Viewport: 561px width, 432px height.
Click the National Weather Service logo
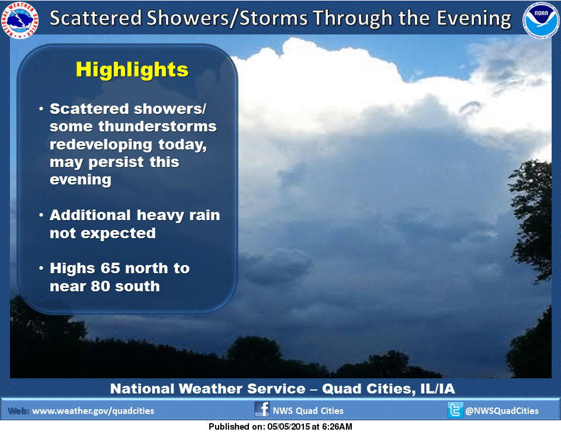[x=20, y=19]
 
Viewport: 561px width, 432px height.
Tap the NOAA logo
[x=541, y=20]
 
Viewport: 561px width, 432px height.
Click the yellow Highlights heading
[x=132, y=69]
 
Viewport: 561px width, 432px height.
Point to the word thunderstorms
[x=157, y=126]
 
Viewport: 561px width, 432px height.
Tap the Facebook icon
[x=262, y=409]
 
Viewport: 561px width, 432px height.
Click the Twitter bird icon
[x=455, y=410]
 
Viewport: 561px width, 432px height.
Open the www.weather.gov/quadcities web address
[x=93, y=411]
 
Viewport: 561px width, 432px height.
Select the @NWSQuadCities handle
[x=501, y=411]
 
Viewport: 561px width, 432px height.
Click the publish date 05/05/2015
[x=286, y=427]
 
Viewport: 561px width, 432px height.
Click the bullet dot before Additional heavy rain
[x=41, y=215]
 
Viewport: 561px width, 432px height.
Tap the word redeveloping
[x=101, y=145]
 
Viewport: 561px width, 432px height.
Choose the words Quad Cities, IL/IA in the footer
[x=389, y=389]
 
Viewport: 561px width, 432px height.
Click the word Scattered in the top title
[x=95, y=18]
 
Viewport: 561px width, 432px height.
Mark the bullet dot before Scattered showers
[x=41, y=109]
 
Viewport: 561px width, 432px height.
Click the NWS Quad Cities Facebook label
[x=308, y=411]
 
